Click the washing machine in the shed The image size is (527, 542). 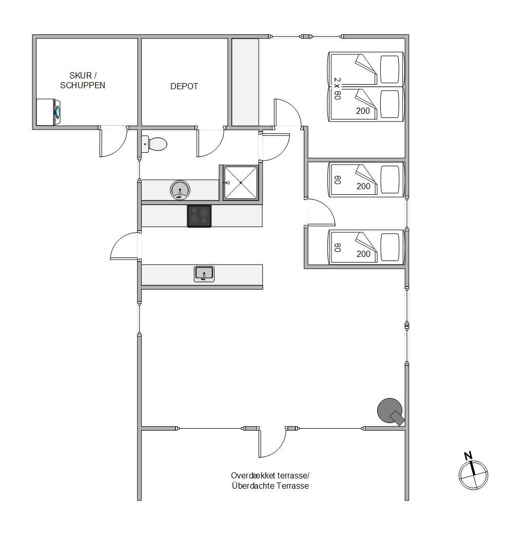click(x=49, y=112)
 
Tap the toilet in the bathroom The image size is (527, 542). click(x=154, y=144)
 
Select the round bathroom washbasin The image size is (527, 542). click(x=180, y=190)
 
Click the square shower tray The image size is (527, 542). click(x=241, y=183)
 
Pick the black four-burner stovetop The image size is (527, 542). click(x=199, y=216)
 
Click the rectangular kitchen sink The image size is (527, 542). click(x=204, y=274)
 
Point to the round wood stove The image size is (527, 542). click(x=391, y=411)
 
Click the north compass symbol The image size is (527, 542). click(x=473, y=475)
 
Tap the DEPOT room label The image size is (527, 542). click(x=184, y=86)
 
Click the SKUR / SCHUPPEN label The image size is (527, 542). click(x=83, y=80)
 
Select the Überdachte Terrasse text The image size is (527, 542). click(x=270, y=486)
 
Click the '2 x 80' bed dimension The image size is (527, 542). click(x=337, y=89)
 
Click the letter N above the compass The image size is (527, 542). click(x=468, y=455)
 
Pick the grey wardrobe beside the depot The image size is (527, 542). click(x=245, y=82)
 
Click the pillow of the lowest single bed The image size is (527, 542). click(x=390, y=247)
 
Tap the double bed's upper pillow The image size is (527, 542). click(x=390, y=69)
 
